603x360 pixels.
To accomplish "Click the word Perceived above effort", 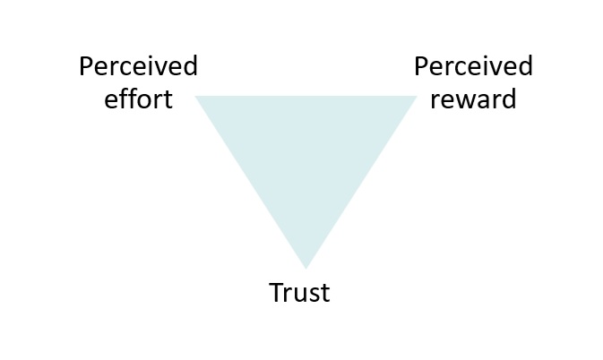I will [x=138, y=67].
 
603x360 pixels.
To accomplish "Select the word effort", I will [x=138, y=99].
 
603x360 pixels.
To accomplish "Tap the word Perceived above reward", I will [x=473, y=67].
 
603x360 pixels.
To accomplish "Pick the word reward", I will [x=473, y=99].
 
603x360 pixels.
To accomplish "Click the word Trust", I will [x=299, y=293].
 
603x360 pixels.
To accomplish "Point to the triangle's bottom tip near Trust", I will [x=306, y=265].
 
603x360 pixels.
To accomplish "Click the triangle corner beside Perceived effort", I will [x=198, y=97].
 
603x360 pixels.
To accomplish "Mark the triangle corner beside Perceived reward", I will [x=415, y=97].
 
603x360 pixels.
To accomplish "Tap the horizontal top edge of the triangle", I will [x=306, y=96].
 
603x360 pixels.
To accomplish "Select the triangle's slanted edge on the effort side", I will [x=251, y=181].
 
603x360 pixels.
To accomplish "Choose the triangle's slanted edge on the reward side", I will [x=360, y=181].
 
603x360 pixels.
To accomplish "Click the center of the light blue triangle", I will [x=306, y=152].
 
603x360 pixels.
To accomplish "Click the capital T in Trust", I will [x=277, y=293].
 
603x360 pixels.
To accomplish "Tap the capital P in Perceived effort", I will [x=86, y=67].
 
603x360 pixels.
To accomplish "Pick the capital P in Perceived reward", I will [x=421, y=67].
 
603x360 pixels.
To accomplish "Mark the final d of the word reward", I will [x=508, y=99].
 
